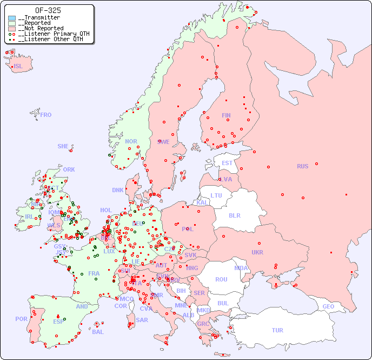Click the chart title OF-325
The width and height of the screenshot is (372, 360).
point(48,10)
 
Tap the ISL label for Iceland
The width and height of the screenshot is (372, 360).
point(18,67)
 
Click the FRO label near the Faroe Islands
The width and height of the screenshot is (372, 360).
point(46,115)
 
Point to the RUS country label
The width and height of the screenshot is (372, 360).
point(302,166)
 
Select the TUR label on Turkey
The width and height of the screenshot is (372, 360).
point(277,330)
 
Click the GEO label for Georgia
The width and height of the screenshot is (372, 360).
point(328,306)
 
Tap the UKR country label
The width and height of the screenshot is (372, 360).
point(257,252)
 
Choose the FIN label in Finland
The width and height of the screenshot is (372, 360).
point(226,115)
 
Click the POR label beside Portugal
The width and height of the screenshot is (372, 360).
point(21,319)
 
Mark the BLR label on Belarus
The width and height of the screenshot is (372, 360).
point(234,215)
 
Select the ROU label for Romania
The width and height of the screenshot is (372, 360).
point(221,279)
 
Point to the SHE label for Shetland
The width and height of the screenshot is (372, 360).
point(63,146)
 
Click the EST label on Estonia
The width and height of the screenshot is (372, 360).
point(227,163)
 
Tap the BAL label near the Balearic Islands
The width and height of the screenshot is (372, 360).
point(98,332)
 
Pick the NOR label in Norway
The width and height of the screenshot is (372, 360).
point(131,141)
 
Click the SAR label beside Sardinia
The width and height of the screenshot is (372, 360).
point(142,320)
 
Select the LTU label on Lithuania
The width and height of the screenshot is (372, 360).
point(216,195)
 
